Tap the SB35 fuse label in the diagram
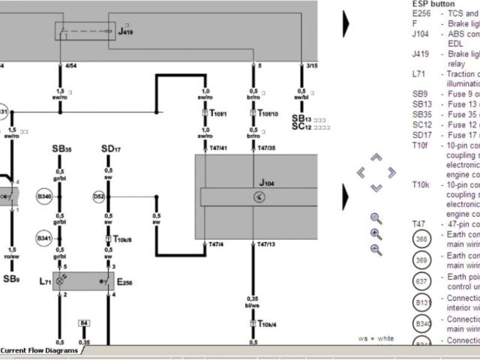click(62, 150)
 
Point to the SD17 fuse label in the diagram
click(111, 150)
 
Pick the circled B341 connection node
click(44, 238)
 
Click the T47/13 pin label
click(266, 245)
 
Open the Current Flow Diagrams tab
click(40, 350)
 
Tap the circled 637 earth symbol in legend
click(421, 281)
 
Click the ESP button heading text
click(433, 4)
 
